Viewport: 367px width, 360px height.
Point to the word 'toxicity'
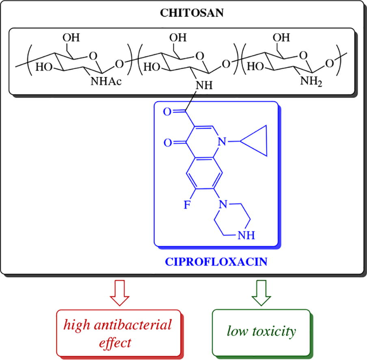(277, 331)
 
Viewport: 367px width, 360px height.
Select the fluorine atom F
(187, 204)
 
